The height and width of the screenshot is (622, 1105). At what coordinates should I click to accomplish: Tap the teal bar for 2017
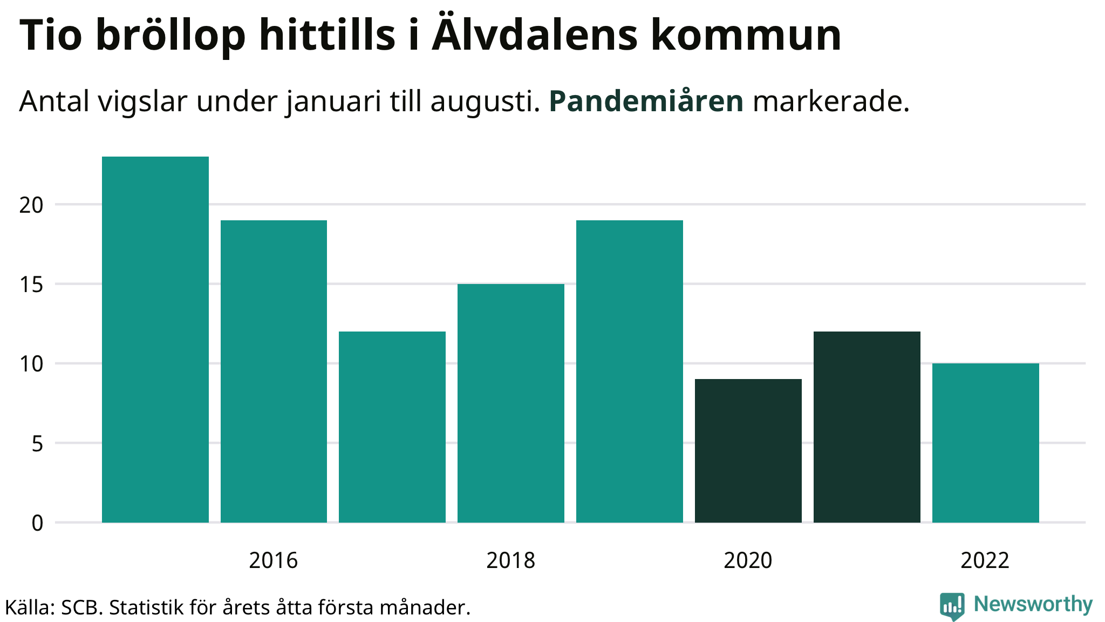pyautogui.click(x=392, y=427)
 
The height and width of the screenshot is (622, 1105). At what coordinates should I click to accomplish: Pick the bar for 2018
pyautogui.click(x=511, y=403)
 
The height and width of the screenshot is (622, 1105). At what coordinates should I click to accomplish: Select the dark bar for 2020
pyautogui.click(x=748, y=450)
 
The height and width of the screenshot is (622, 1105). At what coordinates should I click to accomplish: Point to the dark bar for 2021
pyautogui.click(x=867, y=427)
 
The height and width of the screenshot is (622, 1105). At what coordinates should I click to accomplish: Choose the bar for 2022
pyautogui.click(x=986, y=443)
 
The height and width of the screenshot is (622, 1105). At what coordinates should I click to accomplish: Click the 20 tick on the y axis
pyautogui.click(x=31, y=205)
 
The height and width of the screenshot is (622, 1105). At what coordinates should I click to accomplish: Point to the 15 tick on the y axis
pyautogui.click(x=31, y=285)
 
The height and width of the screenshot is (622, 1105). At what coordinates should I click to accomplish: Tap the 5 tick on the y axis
pyautogui.click(x=37, y=444)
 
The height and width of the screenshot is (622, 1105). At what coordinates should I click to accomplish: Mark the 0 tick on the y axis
pyautogui.click(x=37, y=523)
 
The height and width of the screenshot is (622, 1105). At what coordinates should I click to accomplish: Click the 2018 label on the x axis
pyautogui.click(x=510, y=560)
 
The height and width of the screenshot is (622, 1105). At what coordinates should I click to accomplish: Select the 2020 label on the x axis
pyautogui.click(x=748, y=560)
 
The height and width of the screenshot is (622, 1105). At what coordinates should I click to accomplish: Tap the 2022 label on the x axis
pyautogui.click(x=985, y=560)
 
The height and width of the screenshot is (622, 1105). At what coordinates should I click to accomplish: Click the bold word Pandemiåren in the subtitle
pyautogui.click(x=646, y=102)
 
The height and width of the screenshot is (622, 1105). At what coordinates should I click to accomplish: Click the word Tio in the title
pyautogui.click(x=51, y=36)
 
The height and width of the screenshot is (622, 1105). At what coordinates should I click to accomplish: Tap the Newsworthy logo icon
pyautogui.click(x=952, y=606)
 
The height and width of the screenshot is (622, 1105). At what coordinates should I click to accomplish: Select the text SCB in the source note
pyautogui.click(x=80, y=608)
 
